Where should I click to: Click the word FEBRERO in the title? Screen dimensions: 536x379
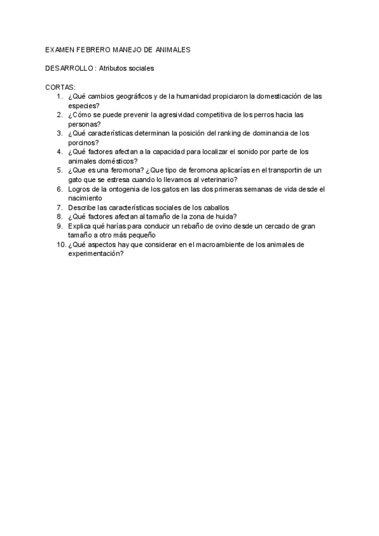point(93,49)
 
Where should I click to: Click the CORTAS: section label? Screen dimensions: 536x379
point(61,87)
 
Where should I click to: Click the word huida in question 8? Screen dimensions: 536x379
point(226,216)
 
